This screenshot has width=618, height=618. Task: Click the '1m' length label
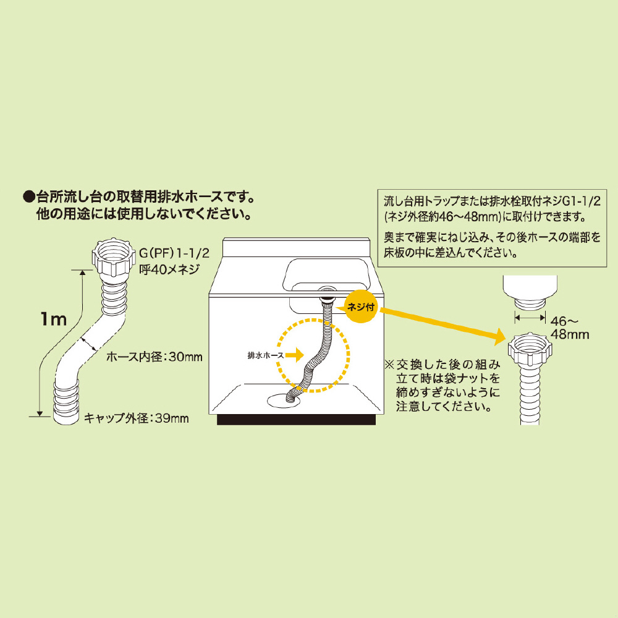pyautogui.click(x=53, y=320)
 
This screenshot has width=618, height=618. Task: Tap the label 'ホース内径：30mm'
pyautogui.click(x=154, y=357)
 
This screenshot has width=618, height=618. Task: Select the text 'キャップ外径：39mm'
pyautogui.click(x=136, y=418)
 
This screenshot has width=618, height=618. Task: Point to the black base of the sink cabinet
pyautogui.click(x=297, y=420)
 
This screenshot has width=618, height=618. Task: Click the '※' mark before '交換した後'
pyautogui.click(x=390, y=363)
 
